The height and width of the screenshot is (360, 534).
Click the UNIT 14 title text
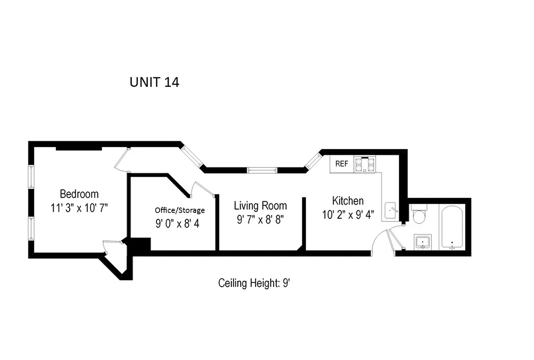tap(154, 82)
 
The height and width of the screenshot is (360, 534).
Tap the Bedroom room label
tap(79, 194)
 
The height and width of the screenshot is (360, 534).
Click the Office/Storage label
tap(179, 210)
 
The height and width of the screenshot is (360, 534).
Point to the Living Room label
tap(260, 206)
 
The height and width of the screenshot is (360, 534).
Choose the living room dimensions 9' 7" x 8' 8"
tap(260, 220)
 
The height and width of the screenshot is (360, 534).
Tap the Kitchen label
tap(348, 201)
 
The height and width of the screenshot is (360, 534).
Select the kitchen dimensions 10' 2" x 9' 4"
tap(348, 215)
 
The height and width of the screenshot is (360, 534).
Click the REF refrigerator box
tap(342, 164)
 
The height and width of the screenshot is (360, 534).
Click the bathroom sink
tap(422, 243)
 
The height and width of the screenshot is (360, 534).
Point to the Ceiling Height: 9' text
tap(256, 283)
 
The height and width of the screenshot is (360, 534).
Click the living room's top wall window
tap(261, 170)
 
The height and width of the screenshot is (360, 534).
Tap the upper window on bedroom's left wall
tap(31, 177)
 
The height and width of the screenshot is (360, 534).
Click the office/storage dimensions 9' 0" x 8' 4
tap(177, 224)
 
